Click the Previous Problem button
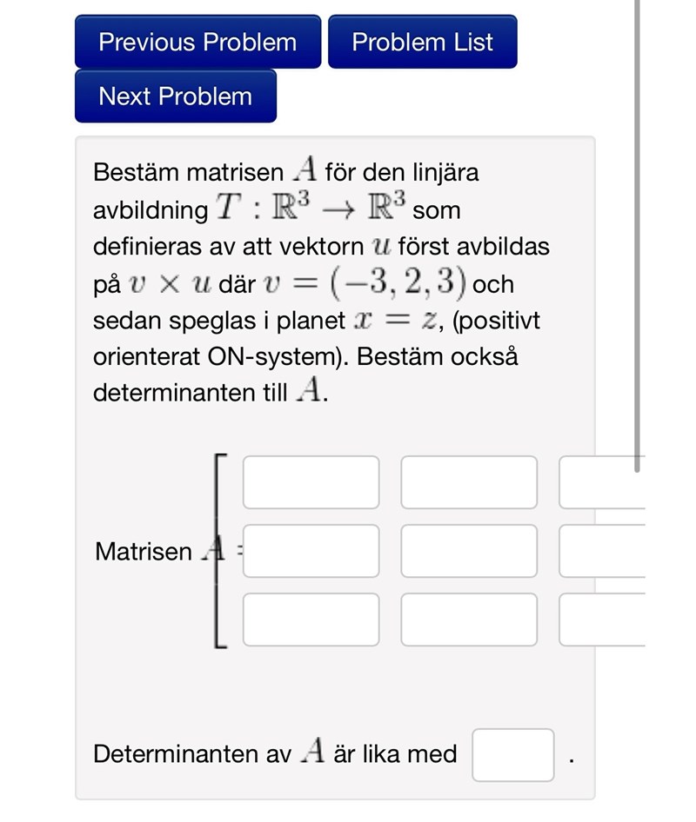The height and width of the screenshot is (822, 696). [x=197, y=42]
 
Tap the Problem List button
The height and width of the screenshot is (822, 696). [x=422, y=42]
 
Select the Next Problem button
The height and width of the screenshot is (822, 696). [x=175, y=96]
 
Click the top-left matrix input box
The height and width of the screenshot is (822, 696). [x=311, y=482]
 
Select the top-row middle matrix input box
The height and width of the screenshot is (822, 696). [x=469, y=482]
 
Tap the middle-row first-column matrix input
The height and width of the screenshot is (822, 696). [x=311, y=551]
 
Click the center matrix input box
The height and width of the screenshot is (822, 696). [x=469, y=551]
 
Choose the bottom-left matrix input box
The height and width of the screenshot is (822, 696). [x=311, y=620]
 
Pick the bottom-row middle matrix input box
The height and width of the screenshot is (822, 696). [x=469, y=620]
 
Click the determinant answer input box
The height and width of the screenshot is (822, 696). [x=513, y=755]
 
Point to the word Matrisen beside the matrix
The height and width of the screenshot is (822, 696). [x=144, y=552]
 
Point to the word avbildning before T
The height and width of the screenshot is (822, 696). [x=151, y=210]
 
